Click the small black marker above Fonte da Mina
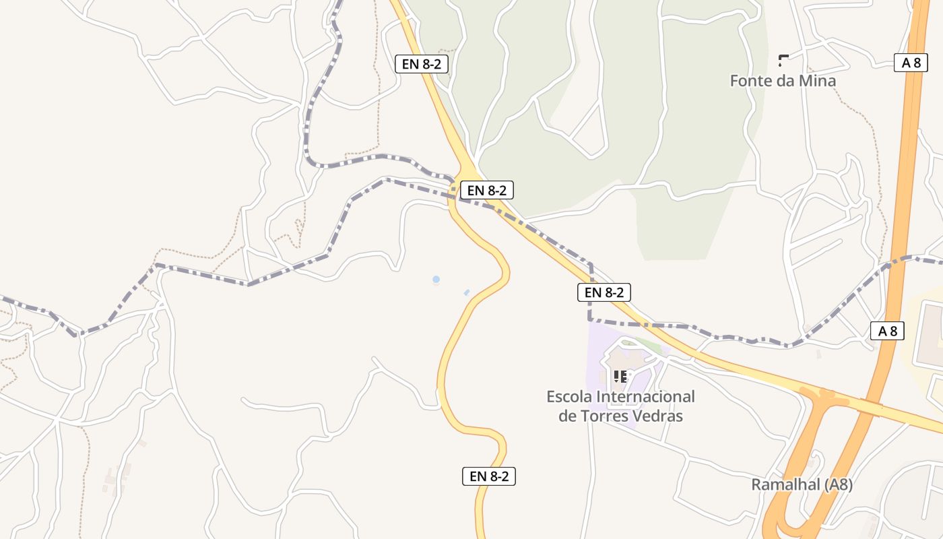click(x=783, y=60)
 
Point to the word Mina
click(x=818, y=81)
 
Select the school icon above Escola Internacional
click(x=620, y=377)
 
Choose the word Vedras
click(x=657, y=416)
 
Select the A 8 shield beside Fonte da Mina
click(x=911, y=63)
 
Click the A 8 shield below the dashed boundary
click(x=887, y=331)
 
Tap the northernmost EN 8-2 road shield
click(x=421, y=64)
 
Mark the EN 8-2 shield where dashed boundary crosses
click(x=487, y=190)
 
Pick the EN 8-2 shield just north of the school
click(x=604, y=292)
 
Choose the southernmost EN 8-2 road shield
click(x=489, y=476)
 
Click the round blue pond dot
click(x=436, y=279)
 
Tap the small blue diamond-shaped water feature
click(x=467, y=292)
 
